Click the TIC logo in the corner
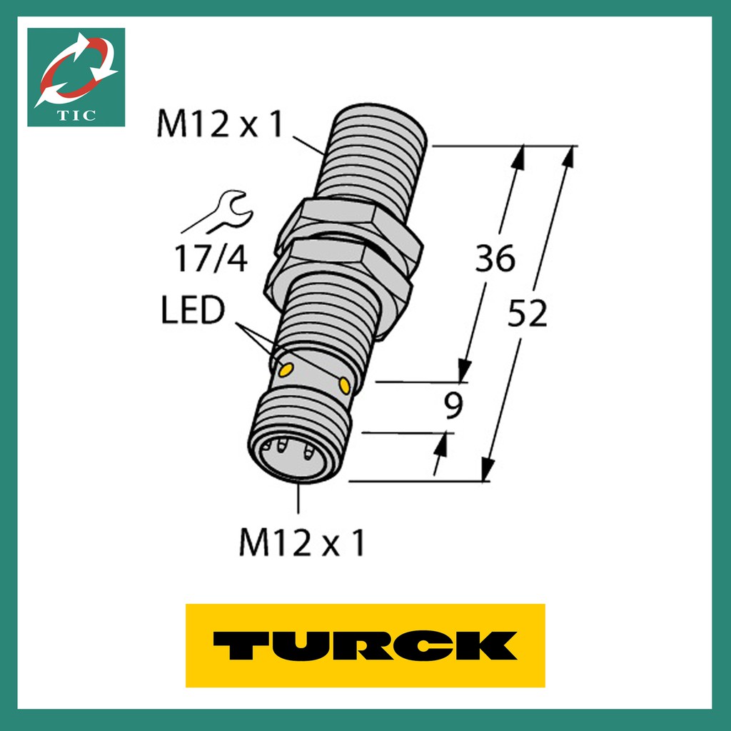click(x=76, y=77)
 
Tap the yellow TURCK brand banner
click(x=365, y=645)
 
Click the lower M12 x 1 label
click(x=301, y=544)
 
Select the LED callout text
click(x=192, y=311)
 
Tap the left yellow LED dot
click(x=285, y=369)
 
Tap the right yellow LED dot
click(x=345, y=385)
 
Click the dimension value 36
click(x=495, y=258)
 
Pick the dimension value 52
click(x=527, y=314)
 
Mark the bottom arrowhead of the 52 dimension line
click(x=488, y=470)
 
